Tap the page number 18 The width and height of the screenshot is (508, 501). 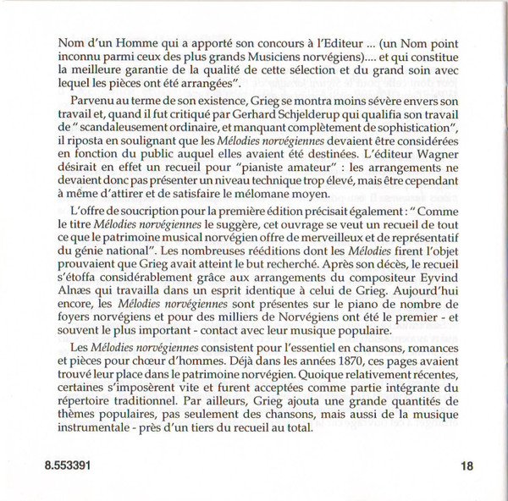pos(469,465)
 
